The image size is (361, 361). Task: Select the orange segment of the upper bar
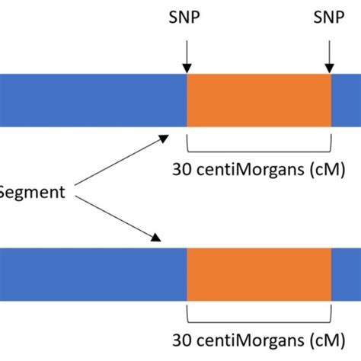259,100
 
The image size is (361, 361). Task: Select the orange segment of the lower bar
259,273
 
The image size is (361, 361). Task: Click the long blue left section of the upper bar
91,100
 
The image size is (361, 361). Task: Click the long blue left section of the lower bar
91,273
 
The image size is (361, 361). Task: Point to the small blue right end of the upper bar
347,100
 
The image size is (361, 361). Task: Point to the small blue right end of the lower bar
347,273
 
